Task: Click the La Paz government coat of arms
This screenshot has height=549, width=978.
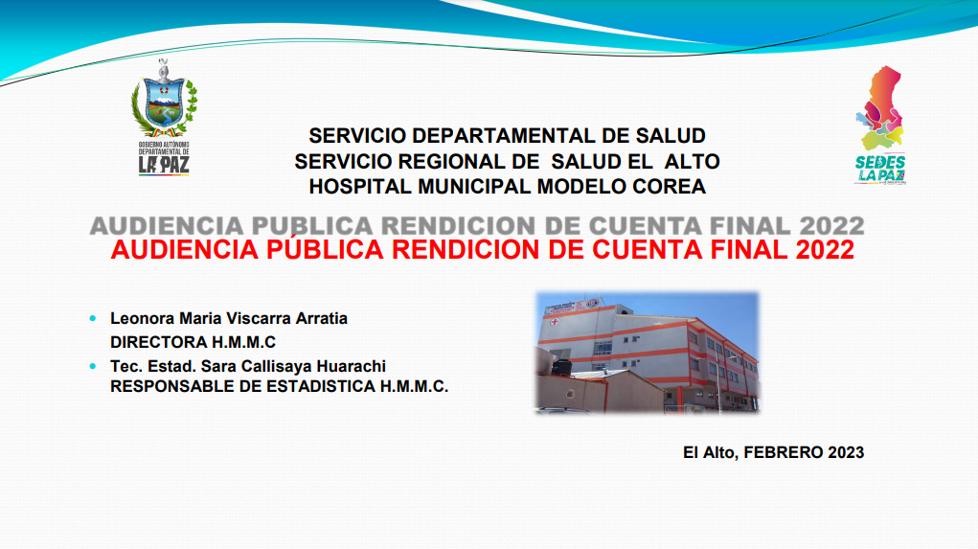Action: (164, 99)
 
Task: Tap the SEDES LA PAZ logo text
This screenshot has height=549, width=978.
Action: (880, 169)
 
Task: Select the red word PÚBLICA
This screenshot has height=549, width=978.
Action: (325, 249)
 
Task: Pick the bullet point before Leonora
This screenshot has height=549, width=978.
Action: (93, 318)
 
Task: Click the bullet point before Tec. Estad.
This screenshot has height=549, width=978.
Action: (93, 366)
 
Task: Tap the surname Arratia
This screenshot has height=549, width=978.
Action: (321, 318)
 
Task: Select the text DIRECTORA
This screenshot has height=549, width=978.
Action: (158, 342)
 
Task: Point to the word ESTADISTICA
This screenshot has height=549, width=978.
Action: (321, 387)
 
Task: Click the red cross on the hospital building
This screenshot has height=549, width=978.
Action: (554, 323)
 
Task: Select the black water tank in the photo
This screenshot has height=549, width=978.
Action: (561, 366)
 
